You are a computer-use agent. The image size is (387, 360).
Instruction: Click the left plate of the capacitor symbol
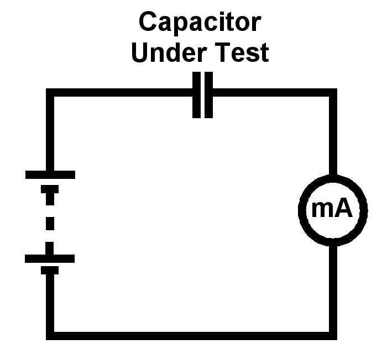[195, 95]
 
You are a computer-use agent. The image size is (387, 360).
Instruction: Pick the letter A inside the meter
[343, 209]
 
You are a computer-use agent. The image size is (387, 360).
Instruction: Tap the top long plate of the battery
[50, 174]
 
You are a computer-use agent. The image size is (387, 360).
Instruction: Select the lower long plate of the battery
[50, 258]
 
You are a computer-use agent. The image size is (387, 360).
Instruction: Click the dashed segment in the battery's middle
[50, 224]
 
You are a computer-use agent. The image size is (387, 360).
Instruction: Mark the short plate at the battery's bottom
[50, 270]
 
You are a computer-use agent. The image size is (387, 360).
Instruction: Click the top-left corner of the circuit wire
[50, 93]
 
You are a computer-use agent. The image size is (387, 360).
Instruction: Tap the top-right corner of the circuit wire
[333, 93]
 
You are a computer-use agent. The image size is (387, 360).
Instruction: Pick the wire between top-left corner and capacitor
[122, 93]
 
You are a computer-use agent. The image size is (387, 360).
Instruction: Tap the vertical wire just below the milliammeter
[333, 287]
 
